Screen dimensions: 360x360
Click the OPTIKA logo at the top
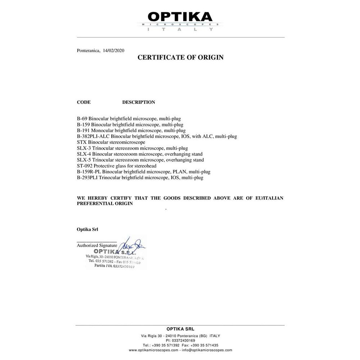tap(180, 17)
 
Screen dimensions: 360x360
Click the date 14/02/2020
tap(114, 51)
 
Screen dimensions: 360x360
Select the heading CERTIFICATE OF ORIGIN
tap(180, 57)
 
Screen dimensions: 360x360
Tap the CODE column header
tap(84, 102)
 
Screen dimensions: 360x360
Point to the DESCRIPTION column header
tap(139, 102)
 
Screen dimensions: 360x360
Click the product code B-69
tap(82, 118)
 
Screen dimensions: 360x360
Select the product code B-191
tap(84, 130)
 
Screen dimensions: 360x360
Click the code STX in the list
tap(82, 142)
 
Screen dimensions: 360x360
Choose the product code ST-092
tap(85, 166)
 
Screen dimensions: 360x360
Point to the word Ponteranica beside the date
tap(89, 51)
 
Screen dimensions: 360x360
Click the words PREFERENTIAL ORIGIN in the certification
tap(105, 203)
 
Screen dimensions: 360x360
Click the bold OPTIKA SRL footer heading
tap(180, 329)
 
